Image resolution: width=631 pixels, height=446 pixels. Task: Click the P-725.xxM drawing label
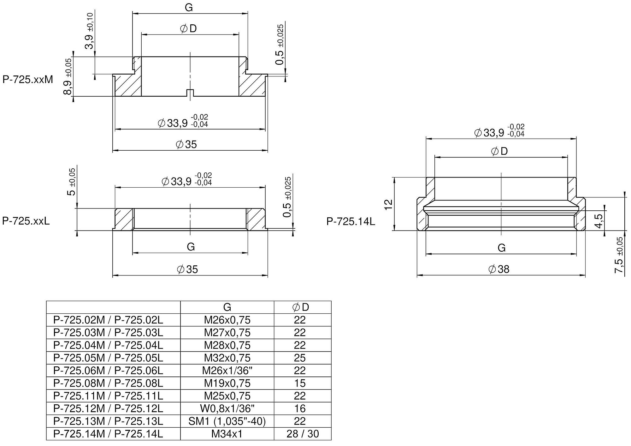(x=28, y=80)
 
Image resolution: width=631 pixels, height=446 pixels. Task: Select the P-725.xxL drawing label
(x=26, y=221)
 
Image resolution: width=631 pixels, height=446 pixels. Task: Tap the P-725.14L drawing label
(x=351, y=221)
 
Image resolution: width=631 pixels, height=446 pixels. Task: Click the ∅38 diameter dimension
(x=499, y=269)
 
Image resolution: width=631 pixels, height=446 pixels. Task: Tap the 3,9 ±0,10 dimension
(x=89, y=31)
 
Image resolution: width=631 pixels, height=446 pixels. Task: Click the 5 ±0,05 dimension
(x=72, y=182)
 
